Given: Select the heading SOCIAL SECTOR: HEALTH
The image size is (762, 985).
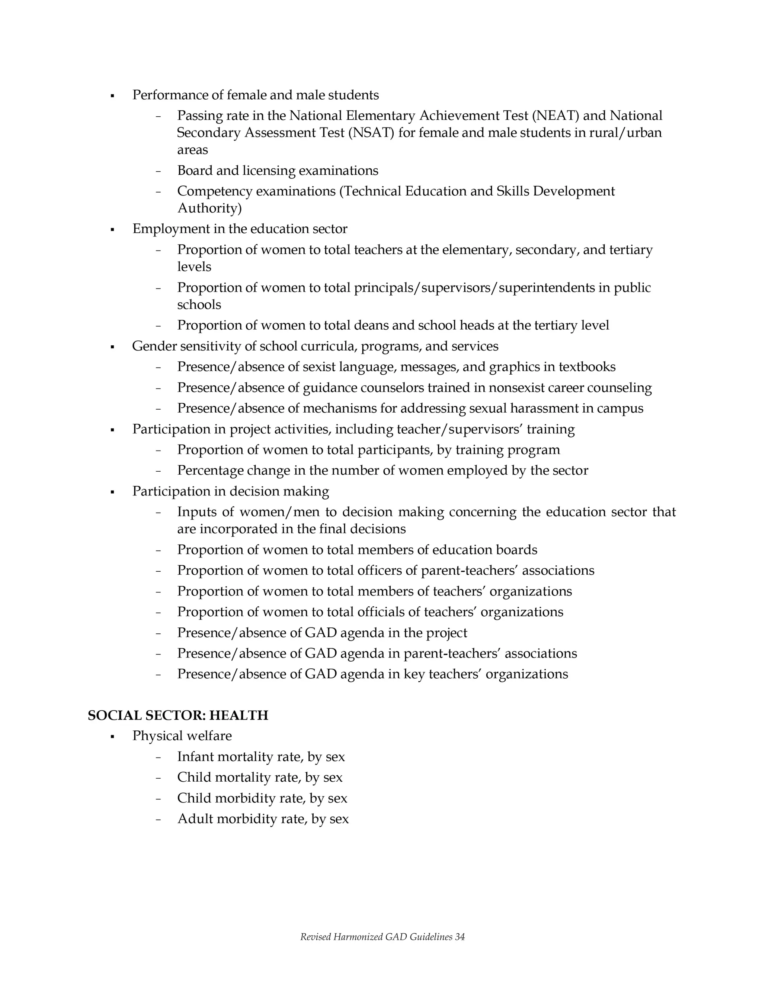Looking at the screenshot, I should tap(178, 715).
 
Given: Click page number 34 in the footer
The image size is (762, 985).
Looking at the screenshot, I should tap(460, 937).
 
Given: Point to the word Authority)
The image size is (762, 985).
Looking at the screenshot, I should tap(209, 209).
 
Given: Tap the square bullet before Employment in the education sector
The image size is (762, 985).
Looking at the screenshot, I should tap(112, 230).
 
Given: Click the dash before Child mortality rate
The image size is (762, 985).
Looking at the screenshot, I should tap(158, 778).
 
